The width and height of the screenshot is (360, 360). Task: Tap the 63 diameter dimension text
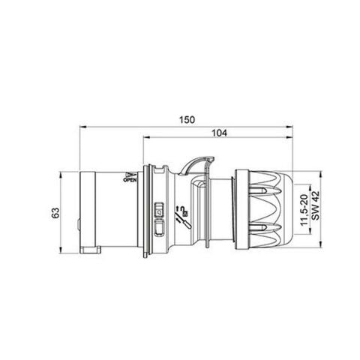pyautogui.click(x=55, y=212)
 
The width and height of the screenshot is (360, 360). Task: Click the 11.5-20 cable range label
pyautogui.click(x=301, y=212)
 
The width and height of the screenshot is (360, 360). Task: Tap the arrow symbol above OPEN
pyautogui.click(x=124, y=173)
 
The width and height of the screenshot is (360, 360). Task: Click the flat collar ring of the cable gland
pyautogui.click(x=241, y=212)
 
